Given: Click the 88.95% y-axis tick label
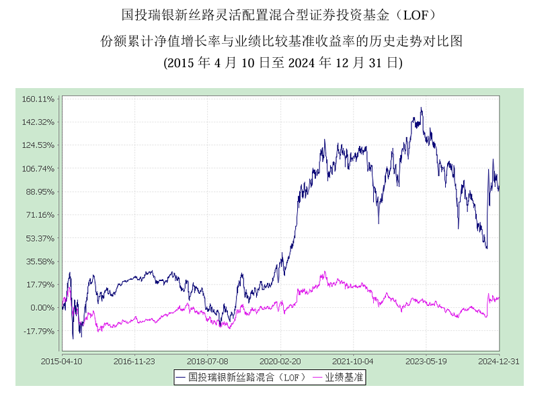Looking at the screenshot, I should pos(40,192).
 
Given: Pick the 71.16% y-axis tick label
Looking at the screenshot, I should pos(40,215).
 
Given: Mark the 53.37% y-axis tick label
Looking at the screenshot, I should pos(40,239).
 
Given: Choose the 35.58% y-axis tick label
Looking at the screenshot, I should pos(40,262).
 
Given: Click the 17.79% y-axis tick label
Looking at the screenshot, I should pos(40,285).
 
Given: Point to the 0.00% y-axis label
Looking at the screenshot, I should pos(42,308).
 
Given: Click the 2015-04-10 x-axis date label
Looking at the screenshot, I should pos(63,361).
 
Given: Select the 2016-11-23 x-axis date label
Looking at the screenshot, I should pos(135,361).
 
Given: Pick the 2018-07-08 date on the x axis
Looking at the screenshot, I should pos(208,361).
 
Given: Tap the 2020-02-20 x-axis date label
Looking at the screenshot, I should pos(280,361).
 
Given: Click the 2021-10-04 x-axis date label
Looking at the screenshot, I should pos(354,361).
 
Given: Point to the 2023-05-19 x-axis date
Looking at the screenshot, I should pos(426,361).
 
